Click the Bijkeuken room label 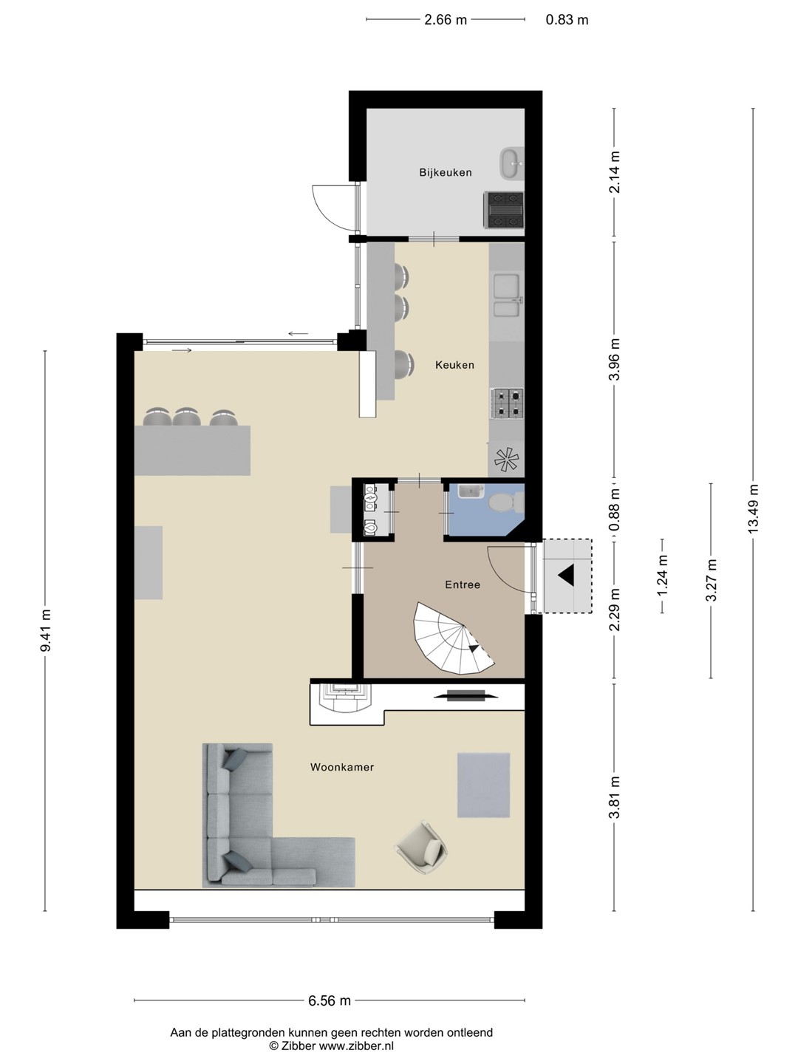coord(446,172)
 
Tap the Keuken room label coord(454,365)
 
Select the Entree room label coord(463,584)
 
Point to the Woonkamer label coord(342,767)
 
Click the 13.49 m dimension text coord(752,509)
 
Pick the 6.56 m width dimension coord(330,1000)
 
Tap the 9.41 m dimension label coord(45,631)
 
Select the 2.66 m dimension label coord(446,20)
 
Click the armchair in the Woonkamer coord(421,848)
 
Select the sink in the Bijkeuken coord(511,164)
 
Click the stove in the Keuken coord(506,403)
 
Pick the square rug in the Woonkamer coord(483,785)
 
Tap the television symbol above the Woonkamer coord(465,695)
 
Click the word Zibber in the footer coord(299,1046)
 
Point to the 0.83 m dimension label coord(567,20)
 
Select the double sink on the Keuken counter coord(507,296)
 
